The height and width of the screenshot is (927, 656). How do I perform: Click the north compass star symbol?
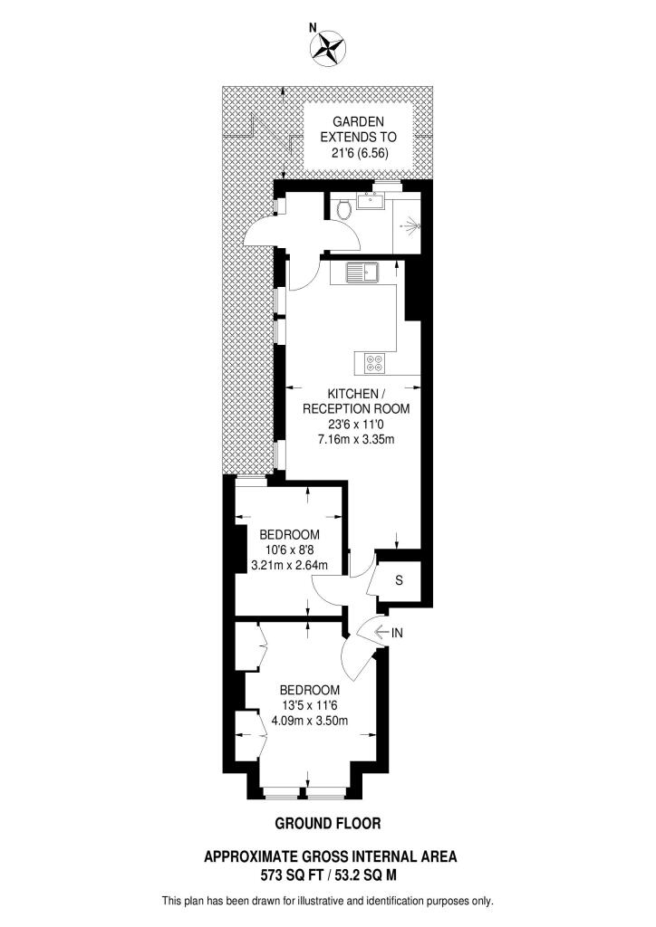[328, 50]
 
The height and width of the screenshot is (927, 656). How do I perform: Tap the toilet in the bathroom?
[342, 211]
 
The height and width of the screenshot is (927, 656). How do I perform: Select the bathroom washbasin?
[370, 202]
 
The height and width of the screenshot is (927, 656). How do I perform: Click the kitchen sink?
[368, 270]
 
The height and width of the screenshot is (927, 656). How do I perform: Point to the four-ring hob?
[374, 362]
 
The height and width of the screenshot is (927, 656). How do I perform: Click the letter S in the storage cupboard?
[399, 580]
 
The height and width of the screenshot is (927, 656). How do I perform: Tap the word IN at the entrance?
[396, 632]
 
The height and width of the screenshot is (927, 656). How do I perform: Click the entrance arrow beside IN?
[376, 632]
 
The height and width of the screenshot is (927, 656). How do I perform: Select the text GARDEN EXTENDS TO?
[358, 129]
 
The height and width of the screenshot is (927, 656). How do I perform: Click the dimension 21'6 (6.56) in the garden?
[358, 154]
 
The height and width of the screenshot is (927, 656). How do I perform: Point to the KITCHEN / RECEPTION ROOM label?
[356, 401]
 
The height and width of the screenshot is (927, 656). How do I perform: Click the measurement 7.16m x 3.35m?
[356, 439]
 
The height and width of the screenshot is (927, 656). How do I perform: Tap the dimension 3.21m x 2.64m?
[288, 566]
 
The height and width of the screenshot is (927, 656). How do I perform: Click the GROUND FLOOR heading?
[327, 823]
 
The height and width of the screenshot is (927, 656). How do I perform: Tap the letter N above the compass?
[314, 27]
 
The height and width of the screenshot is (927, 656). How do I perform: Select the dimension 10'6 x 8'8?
[289, 549]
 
